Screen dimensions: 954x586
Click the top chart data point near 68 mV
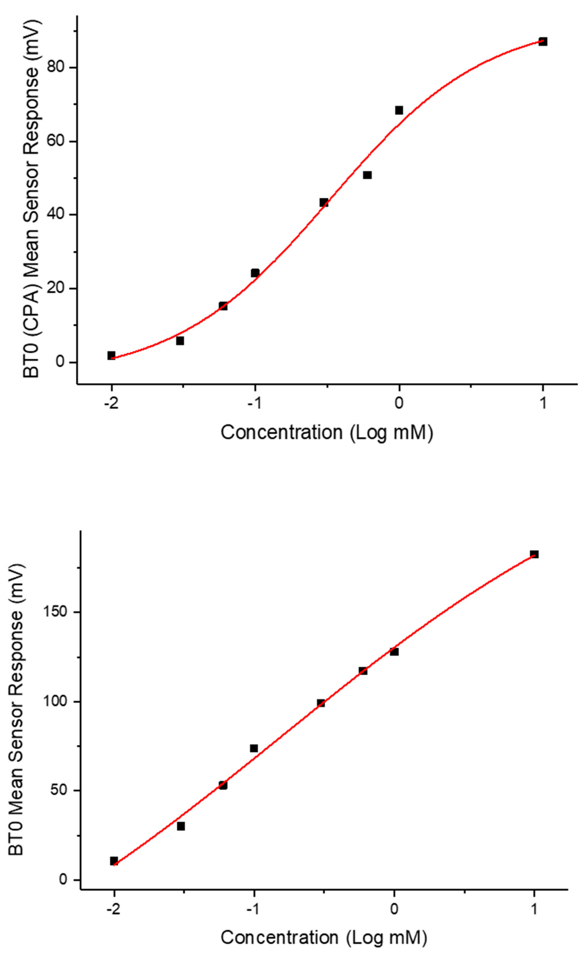[x=399, y=110]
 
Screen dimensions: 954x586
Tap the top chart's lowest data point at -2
[x=111, y=355]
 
